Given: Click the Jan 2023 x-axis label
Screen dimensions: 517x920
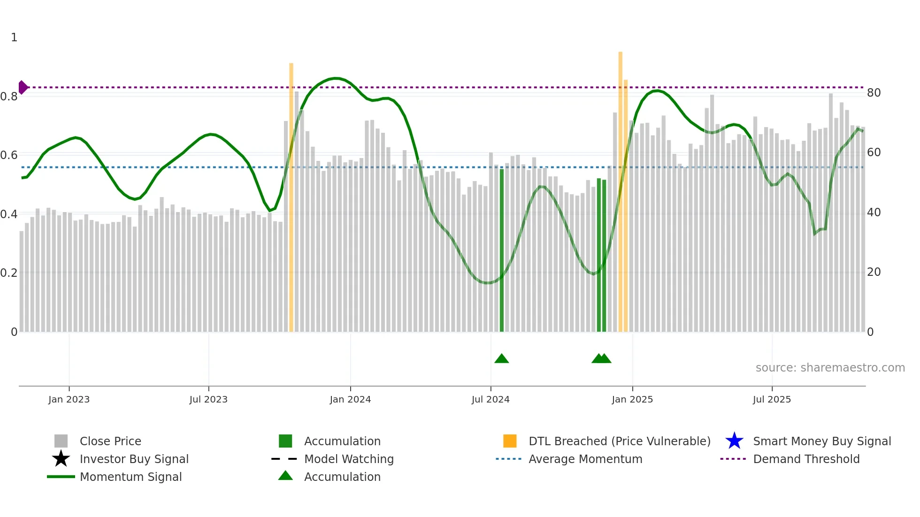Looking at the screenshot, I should pyautogui.click(x=69, y=399).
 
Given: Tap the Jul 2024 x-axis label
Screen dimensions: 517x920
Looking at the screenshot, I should pyautogui.click(x=491, y=399).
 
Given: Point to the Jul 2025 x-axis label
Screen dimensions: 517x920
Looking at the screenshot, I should pyautogui.click(x=772, y=399).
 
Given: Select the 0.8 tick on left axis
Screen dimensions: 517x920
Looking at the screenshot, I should pyautogui.click(x=9, y=97).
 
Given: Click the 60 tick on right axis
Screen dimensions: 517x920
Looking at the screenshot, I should pyautogui.click(x=874, y=152).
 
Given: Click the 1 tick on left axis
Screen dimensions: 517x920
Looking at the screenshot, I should pyautogui.click(x=14, y=38).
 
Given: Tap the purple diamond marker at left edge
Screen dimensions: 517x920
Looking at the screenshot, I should pyautogui.click(x=23, y=87).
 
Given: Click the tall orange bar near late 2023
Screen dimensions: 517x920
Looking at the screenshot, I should pyautogui.click(x=291, y=197).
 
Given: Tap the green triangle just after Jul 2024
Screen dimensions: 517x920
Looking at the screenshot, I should pyautogui.click(x=501, y=359).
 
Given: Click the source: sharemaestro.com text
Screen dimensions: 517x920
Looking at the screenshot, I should pyautogui.click(x=830, y=368).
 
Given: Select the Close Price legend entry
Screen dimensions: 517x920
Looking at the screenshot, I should pyautogui.click(x=110, y=441).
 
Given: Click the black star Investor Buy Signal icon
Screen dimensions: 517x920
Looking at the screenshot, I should pyautogui.click(x=61, y=459).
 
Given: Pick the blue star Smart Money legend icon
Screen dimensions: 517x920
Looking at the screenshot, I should pyautogui.click(x=734, y=441).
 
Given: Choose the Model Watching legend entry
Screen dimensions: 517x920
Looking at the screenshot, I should pyautogui.click(x=348, y=459).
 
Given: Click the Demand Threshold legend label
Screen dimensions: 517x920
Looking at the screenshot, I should pyautogui.click(x=806, y=459).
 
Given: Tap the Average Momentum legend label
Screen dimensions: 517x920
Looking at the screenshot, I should pyautogui.click(x=585, y=459).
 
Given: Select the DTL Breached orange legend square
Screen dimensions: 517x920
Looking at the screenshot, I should pyautogui.click(x=510, y=441).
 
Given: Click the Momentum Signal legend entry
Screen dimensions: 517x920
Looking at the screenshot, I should pyautogui.click(x=130, y=477).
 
